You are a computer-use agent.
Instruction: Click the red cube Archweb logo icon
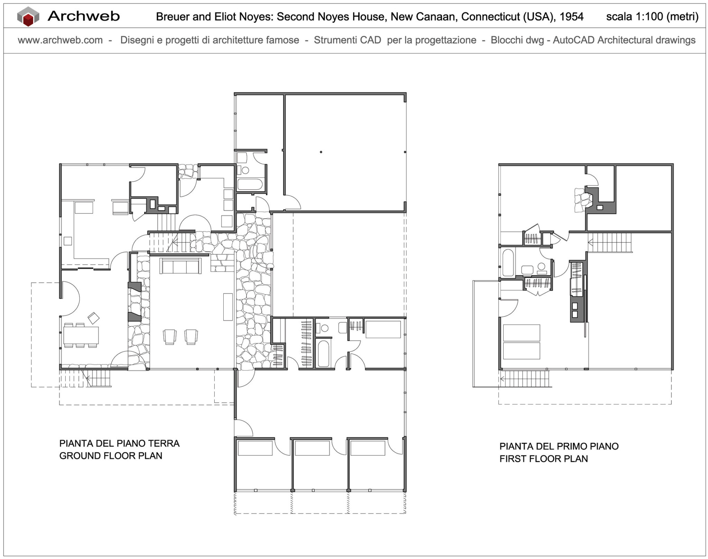pyautogui.click(x=28, y=17)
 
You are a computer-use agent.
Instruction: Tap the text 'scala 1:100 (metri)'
pyautogui.click(x=652, y=17)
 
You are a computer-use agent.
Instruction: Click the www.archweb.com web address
pyautogui.click(x=60, y=40)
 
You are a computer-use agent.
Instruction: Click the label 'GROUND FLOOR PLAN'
pyautogui.click(x=111, y=456)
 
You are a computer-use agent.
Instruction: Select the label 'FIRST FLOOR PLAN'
pyautogui.click(x=543, y=459)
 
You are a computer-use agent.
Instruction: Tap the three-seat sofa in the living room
pyautogui.click(x=180, y=266)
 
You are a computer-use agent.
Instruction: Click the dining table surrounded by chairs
pyautogui.click(x=81, y=335)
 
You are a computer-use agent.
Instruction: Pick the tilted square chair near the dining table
pyautogui.click(x=94, y=318)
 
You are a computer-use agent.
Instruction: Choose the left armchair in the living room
pyautogui.click(x=170, y=337)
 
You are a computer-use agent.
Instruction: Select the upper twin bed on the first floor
pyautogui.click(x=521, y=333)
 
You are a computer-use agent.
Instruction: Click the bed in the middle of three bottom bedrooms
pyautogui.click(x=312, y=448)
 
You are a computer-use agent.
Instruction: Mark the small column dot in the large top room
pyautogui.click(x=321, y=152)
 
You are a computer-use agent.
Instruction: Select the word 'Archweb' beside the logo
pyautogui.click(x=84, y=16)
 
